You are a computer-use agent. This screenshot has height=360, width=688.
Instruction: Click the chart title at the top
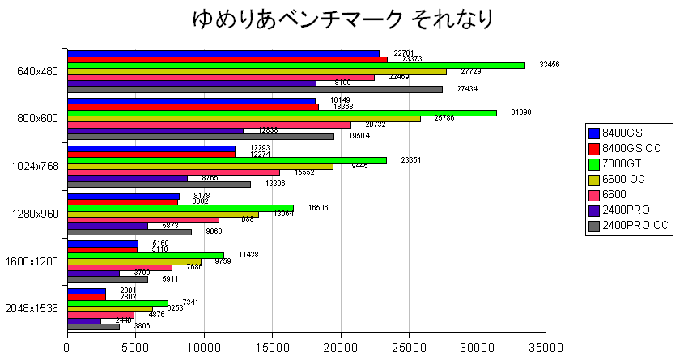coord(343,19)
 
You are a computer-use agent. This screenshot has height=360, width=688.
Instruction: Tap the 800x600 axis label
coord(36,118)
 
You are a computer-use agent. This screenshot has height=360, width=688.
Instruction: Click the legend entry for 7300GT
coord(628,165)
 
